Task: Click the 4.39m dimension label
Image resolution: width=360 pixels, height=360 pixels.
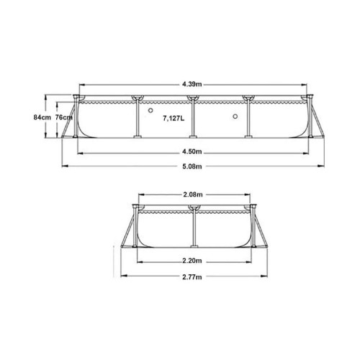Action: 192,84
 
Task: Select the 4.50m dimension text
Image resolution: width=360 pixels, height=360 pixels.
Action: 192,152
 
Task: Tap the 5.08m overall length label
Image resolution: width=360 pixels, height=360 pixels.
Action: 192,166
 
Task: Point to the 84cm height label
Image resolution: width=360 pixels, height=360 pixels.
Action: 42,117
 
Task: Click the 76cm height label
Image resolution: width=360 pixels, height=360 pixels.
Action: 64,117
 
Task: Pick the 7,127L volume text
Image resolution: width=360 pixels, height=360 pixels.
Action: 174,119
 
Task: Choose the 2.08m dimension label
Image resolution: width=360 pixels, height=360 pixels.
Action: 193,194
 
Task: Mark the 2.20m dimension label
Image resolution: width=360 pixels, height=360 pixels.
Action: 192,261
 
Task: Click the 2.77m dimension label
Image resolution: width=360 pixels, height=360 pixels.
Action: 192,277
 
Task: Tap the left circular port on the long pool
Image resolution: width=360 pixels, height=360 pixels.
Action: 150,110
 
